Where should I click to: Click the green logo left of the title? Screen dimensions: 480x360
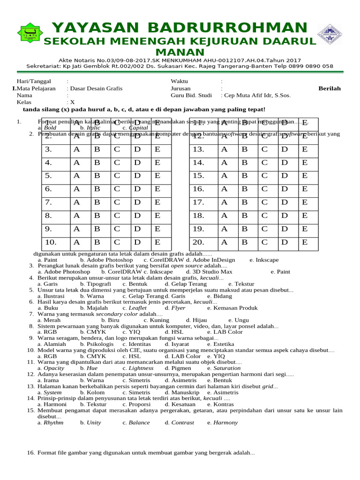pos(30,33)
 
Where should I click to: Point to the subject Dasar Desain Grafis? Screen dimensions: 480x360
pos(96,88)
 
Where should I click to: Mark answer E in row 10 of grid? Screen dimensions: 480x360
pos(157,242)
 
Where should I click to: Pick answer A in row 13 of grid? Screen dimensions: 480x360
pos(224,150)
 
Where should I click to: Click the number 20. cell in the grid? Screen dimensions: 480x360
pos(199,242)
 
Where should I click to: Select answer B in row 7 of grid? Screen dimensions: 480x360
pos(98,202)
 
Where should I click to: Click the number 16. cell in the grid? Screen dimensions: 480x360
pos(199,189)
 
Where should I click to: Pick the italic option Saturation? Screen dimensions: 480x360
pos(227,368)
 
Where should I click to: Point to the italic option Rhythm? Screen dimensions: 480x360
pos(53,422)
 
